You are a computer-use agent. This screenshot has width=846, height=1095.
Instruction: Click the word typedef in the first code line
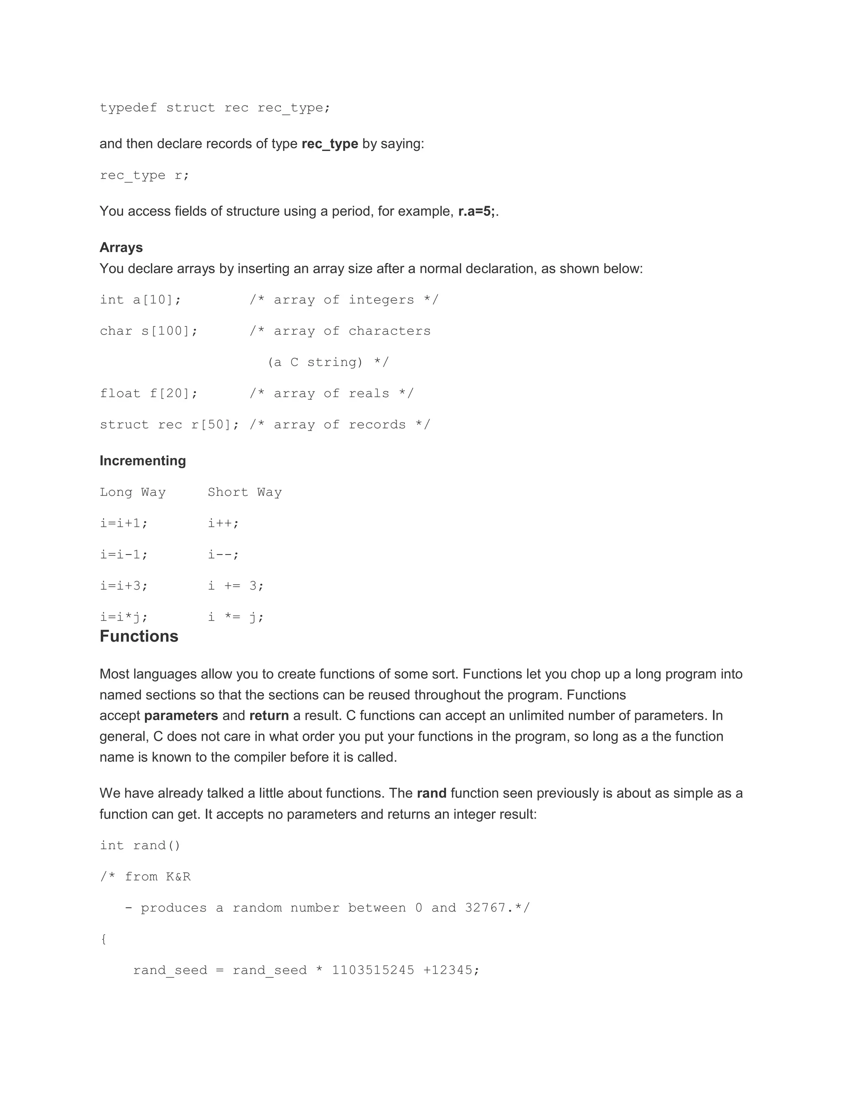pyautogui.click(x=128, y=108)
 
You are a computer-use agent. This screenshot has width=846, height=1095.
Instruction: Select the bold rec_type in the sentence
pyautogui.click(x=329, y=144)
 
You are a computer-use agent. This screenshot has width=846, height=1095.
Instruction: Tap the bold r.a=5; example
pyautogui.click(x=476, y=211)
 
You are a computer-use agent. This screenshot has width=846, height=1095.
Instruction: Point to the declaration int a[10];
pyautogui.click(x=140, y=300)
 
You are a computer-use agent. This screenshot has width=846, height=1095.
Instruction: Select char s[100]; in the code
pyautogui.click(x=149, y=331)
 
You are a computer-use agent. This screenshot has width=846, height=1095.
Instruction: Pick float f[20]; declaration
pyautogui.click(x=149, y=393)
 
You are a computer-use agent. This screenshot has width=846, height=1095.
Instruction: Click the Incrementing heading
pyautogui.click(x=143, y=461)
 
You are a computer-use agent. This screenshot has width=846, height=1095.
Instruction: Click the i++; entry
pyautogui.click(x=223, y=524)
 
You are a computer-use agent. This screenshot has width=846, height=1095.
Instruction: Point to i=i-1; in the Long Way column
pyautogui.click(x=124, y=555)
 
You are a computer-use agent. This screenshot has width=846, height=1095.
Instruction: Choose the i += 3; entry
pyautogui.click(x=235, y=586)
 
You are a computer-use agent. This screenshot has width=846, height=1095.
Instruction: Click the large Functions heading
pyautogui.click(x=139, y=636)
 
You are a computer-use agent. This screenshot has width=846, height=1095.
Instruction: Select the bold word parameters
pyautogui.click(x=181, y=715)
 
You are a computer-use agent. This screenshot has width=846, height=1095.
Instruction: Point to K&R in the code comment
pyautogui.click(x=178, y=876)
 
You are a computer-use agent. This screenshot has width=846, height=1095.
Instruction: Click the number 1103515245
pyautogui.click(x=373, y=970)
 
